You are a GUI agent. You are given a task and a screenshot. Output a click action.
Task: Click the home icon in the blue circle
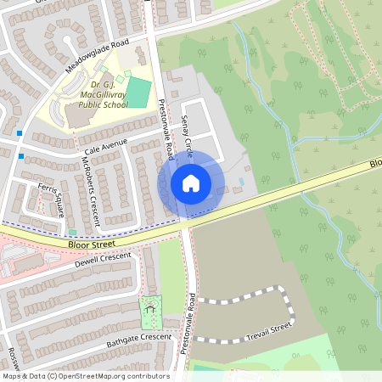(x=191, y=183)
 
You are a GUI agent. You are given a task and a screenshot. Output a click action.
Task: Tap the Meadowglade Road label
(x=95, y=55)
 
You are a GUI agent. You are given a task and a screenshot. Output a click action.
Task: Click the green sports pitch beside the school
(x=137, y=93)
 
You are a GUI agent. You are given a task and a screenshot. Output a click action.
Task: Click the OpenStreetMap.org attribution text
(x=110, y=376)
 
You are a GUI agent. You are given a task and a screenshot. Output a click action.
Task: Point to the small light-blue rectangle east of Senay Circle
(x=243, y=182)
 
